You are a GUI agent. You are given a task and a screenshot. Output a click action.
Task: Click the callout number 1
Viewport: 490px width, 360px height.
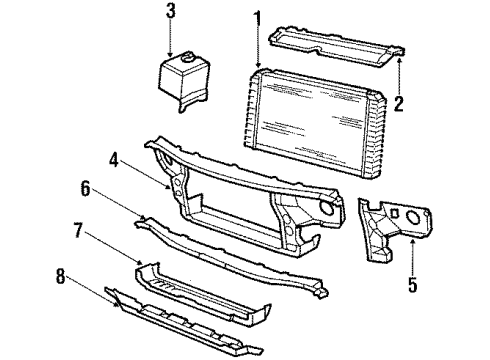coord(258,17)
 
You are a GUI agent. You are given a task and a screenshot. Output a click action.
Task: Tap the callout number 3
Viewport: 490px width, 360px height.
coord(171,11)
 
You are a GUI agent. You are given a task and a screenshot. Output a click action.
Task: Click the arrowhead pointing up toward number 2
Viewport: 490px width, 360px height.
coord(399,63)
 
